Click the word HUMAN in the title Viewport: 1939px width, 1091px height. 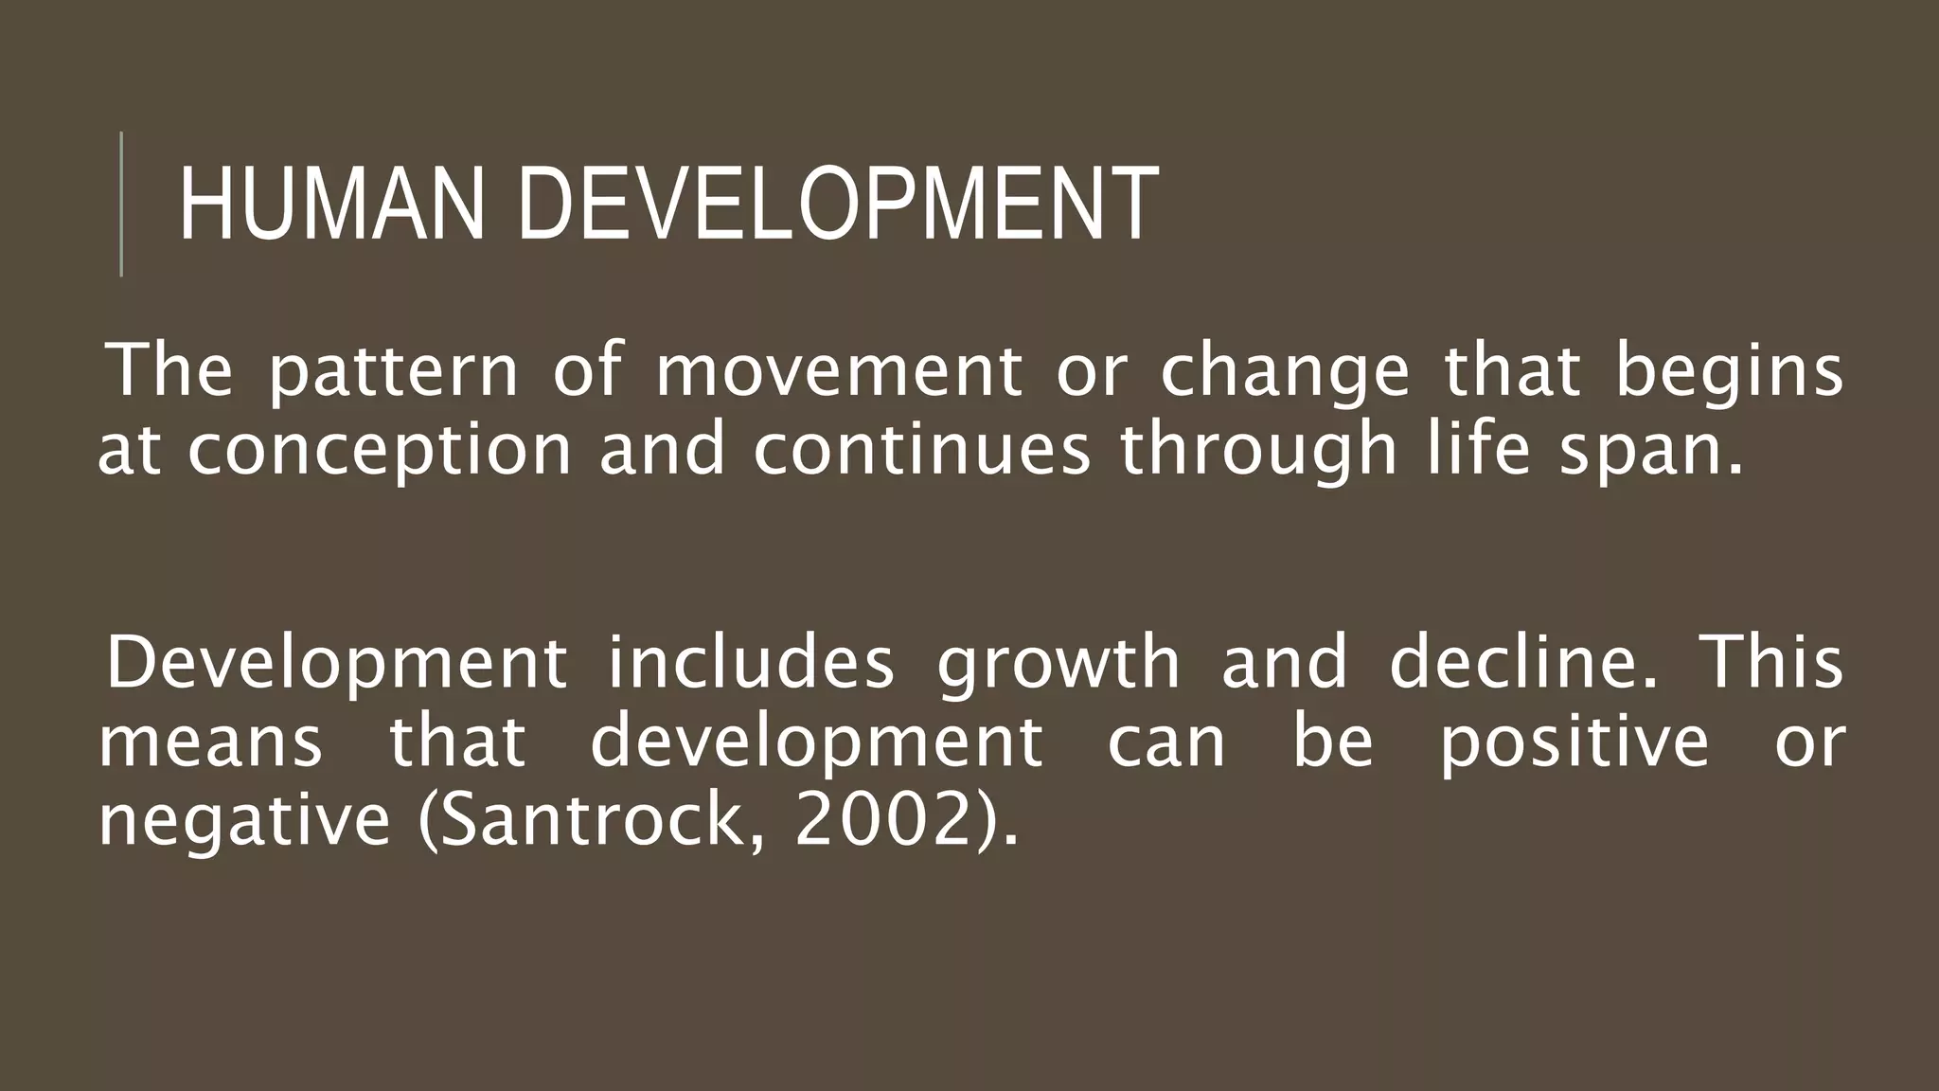coord(330,205)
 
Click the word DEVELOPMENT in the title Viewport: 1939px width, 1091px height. coord(838,205)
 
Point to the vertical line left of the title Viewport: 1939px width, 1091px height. coord(121,204)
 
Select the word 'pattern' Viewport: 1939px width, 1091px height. coord(393,372)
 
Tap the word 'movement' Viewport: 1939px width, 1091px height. coord(839,370)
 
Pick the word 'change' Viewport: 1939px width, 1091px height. coord(1285,372)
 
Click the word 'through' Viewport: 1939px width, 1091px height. coord(1258,451)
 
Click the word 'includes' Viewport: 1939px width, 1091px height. coord(751,662)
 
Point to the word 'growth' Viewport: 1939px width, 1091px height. coord(1058,664)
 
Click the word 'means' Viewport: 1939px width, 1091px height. coord(210,742)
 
